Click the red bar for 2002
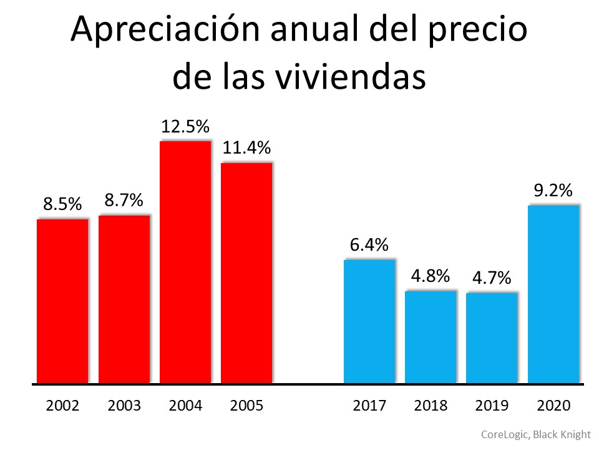pyautogui.click(x=62, y=301)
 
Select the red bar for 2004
pyautogui.click(x=185, y=262)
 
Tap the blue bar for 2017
pyautogui.click(x=369, y=321)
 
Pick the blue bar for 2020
pyautogui.click(x=553, y=294)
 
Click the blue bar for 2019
pyautogui.click(x=492, y=337)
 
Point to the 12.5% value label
pyautogui.click(x=185, y=127)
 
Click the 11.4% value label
pyautogui.click(x=246, y=148)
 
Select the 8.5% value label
pyautogui.click(x=62, y=204)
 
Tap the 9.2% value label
pyautogui.click(x=553, y=191)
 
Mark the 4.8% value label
pyautogui.click(x=431, y=276)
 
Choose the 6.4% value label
pyautogui.click(x=369, y=245)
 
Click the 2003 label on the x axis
pyautogui.click(x=124, y=406)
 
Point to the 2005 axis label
pyautogui.click(x=246, y=406)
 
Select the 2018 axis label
pyautogui.click(x=431, y=406)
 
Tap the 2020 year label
pyautogui.click(x=553, y=406)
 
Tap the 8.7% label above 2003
pyautogui.click(x=124, y=201)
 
